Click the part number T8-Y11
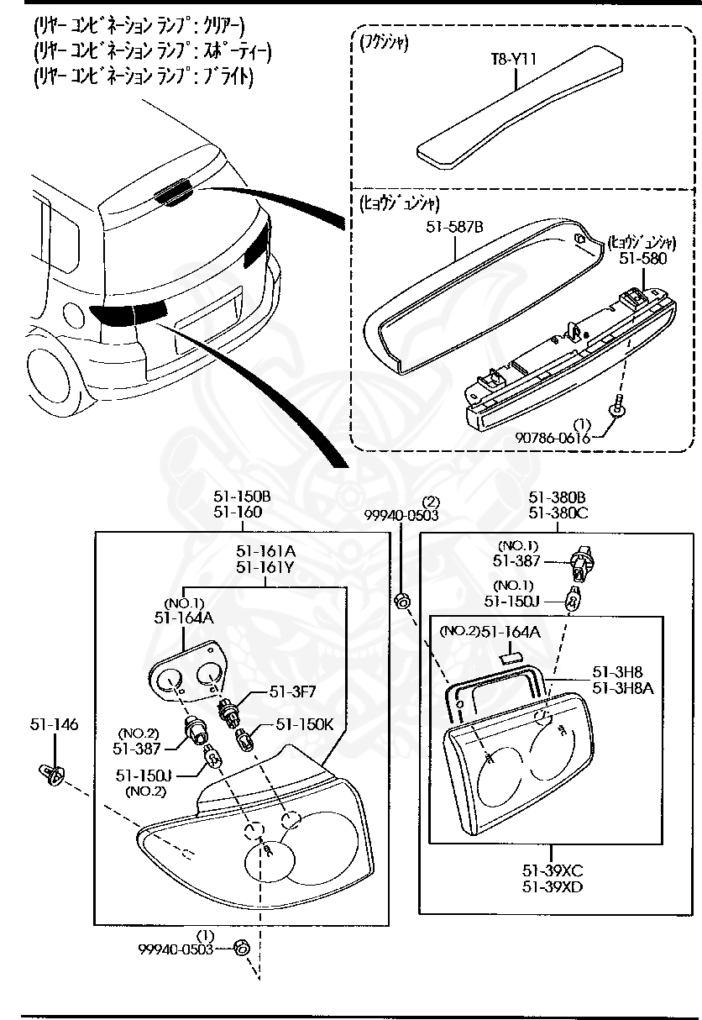(x=513, y=60)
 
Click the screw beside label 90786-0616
(x=618, y=407)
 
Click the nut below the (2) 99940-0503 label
(x=401, y=600)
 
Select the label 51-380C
(x=558, y=513)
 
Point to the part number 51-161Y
(x=265, y=567)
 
